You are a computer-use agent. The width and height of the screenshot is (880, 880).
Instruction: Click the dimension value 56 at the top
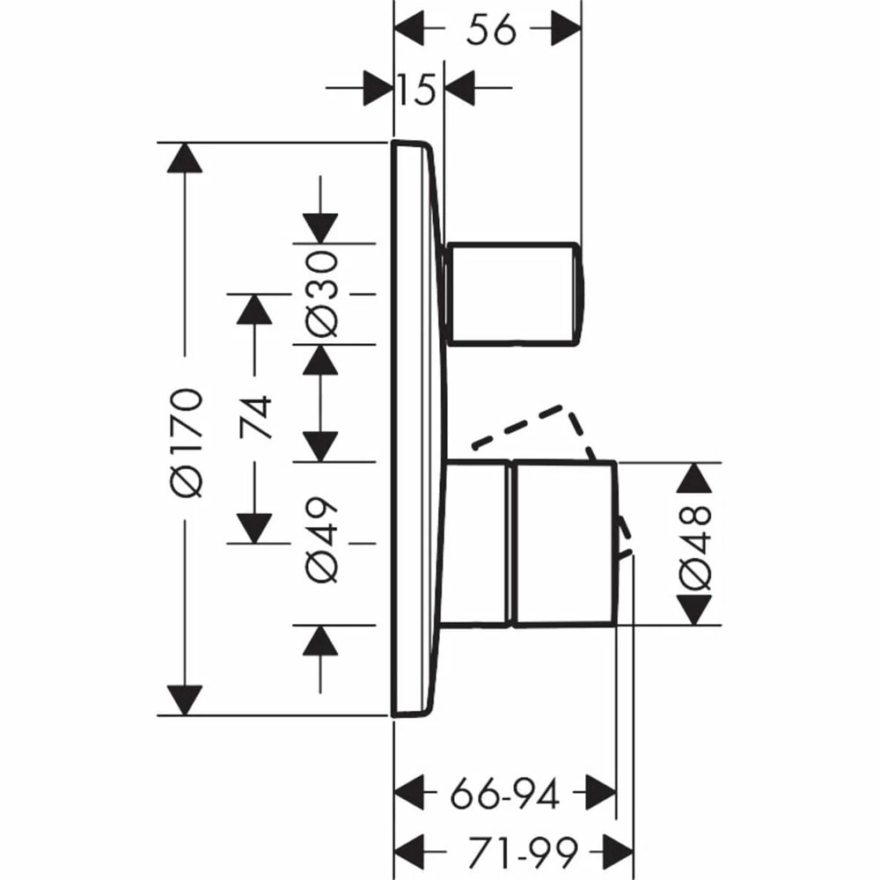[491, 31]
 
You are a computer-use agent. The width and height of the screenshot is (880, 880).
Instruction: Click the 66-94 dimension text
[505, 796]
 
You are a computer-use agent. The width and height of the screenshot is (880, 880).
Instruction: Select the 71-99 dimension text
[513, 851]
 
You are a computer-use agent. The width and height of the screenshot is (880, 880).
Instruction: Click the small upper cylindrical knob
[515, 292]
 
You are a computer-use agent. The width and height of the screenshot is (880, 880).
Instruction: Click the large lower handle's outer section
[563, 543]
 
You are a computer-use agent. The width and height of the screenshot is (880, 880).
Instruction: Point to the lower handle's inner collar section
[478, 543]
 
